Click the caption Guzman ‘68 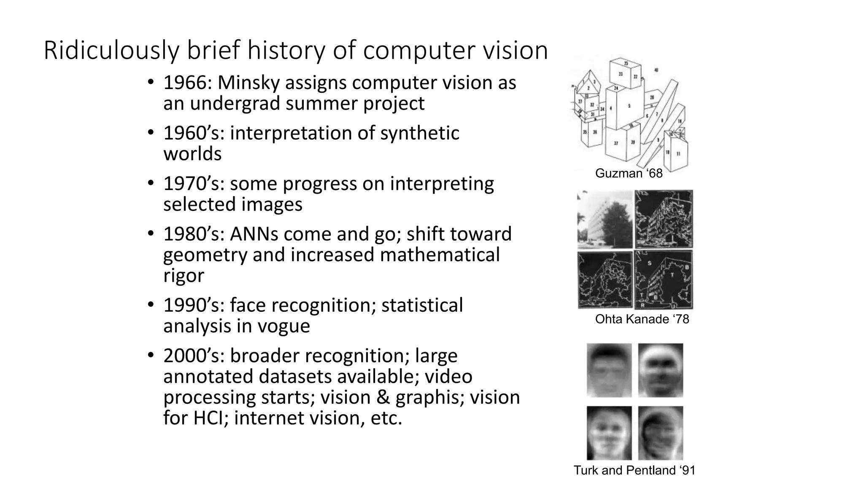click(629, 173)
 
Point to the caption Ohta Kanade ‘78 click(642, 319)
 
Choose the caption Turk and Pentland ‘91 click(634, 470)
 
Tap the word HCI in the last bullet click(210, 418)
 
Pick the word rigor click(184, 276)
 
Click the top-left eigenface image click(609, 370)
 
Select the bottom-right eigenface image click(660, 433)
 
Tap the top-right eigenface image click(660, 370)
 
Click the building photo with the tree click(605, 219)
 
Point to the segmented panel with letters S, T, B click(663, 280)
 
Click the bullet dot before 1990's click(151, 305)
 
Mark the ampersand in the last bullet click(384, 397)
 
